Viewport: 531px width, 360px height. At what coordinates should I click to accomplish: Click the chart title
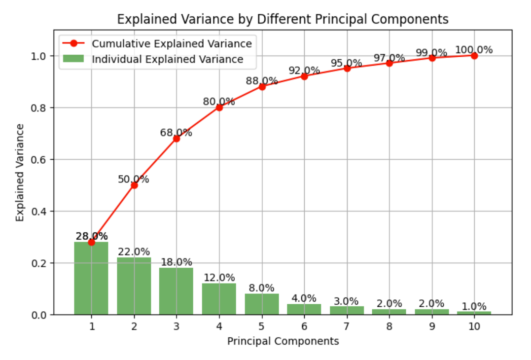[283, 19]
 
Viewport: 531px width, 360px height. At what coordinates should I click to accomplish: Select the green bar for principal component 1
[91, 279]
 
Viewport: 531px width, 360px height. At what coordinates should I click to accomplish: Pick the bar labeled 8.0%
[261, 304]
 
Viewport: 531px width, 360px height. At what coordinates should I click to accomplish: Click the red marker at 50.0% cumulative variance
[134, 185]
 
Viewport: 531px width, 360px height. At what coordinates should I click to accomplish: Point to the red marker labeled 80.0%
[219, 108]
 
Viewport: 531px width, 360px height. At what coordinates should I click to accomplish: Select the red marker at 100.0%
[474, 56]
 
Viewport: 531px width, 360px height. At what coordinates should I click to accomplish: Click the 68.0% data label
[176, 133]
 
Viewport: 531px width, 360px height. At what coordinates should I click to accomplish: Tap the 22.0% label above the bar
[134, 252]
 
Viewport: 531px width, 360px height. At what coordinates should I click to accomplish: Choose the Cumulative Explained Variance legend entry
[172, 43]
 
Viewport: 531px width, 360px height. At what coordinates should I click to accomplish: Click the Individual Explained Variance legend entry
[168, 59]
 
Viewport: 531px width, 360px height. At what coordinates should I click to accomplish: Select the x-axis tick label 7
[347, 326]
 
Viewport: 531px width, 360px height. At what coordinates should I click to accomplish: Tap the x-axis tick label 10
[474, 326]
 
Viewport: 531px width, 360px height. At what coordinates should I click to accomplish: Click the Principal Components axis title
[283, 341]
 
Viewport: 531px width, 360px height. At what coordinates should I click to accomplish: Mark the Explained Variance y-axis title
[20, 173]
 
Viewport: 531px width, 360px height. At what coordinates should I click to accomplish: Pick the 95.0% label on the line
[346, 63]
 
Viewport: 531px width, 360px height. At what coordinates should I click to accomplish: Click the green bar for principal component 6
[304, 309]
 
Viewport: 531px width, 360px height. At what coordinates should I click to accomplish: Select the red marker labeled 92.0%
[304, 76]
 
